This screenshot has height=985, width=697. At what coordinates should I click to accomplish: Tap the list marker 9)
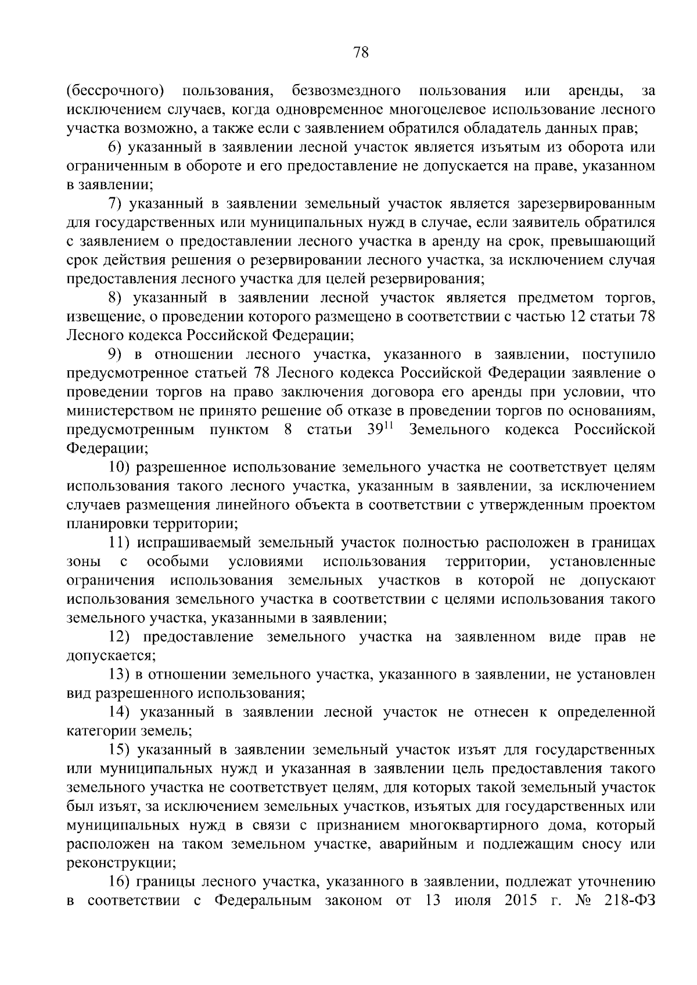[x=117, y=355]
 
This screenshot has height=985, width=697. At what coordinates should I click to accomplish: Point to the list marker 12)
[x=123, y=637]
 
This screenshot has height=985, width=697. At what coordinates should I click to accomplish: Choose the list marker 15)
[x=123, y=750]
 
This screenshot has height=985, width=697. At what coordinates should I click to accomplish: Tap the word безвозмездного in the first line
[x=346, y=91]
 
